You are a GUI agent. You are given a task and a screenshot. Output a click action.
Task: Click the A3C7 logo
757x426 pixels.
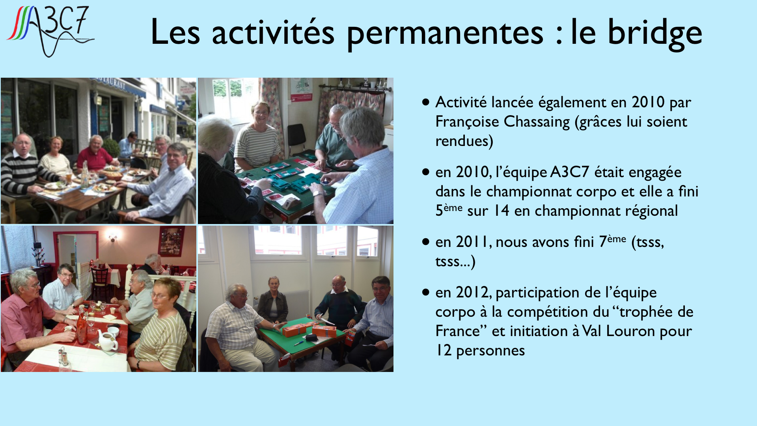pyautogui.click(x=50, y=31)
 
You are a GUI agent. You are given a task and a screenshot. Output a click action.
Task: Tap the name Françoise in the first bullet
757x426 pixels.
pyautogui.click(x=463, y=122)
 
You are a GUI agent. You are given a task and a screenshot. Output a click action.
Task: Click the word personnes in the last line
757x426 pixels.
pyautogui.click(x=490, y=351)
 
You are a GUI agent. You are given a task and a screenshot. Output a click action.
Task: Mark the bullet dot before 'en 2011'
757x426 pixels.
pyautogui.click(x=425, y=242)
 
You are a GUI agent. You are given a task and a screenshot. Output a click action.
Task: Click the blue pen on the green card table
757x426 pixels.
pyautogui.click(x=298, y=343)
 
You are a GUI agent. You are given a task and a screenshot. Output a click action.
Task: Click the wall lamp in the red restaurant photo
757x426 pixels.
pyautogui.click(x=113, y=237)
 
